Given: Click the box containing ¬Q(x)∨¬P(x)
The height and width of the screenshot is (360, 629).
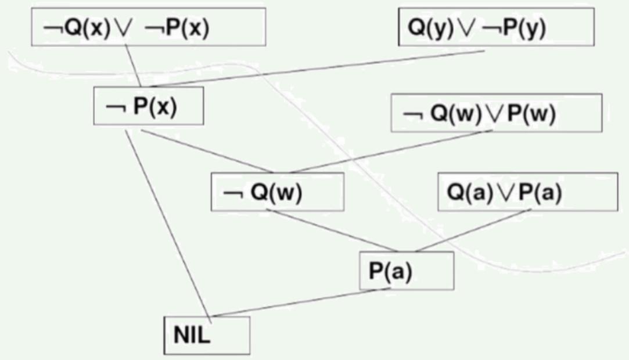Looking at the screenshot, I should click(x=148, y=27).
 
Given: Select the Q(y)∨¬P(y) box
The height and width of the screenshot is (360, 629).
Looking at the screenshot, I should click(x=497, y=27).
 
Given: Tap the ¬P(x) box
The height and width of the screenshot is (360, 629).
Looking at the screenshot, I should click(x=149, y=106).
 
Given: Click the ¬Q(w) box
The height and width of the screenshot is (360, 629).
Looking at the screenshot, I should click(x=276, y=192).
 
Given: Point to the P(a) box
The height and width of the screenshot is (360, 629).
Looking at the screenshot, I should click(x=406, y=270).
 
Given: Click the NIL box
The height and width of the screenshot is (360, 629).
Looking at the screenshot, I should click(x=207, y=335).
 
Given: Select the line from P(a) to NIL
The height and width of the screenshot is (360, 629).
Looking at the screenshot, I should click(x=296, y=302).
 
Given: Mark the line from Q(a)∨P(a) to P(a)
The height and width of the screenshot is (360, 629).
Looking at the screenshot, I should click(x=473, y=230).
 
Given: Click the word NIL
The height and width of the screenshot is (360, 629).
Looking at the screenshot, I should click(x=192, y=336).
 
